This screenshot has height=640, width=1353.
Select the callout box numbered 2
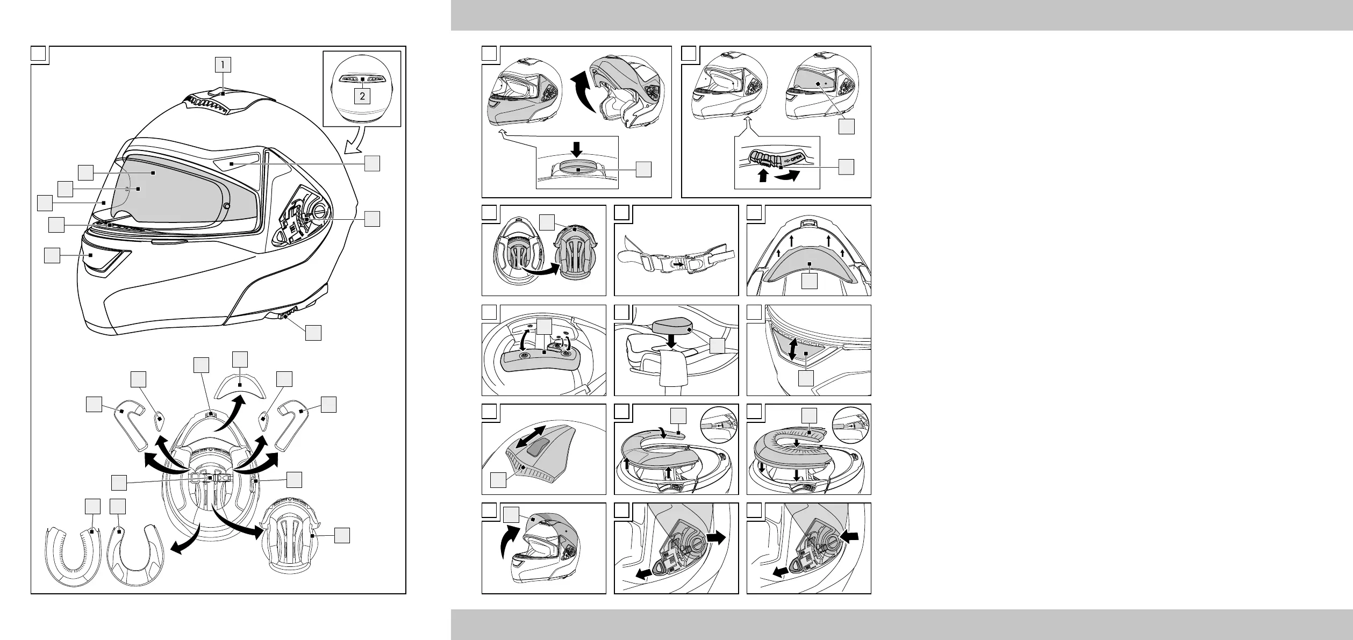[363, 96]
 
